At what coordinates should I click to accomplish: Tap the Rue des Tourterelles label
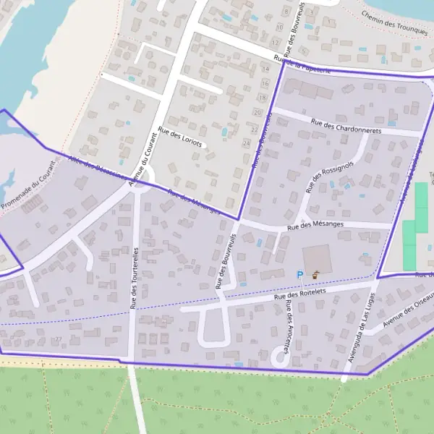click(x=135, y=278)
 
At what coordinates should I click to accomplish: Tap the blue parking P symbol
click(x=299, y=275)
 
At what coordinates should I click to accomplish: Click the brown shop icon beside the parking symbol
click(x=315, y=275)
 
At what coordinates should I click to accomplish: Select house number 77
click(x=59, y=339)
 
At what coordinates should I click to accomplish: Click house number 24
click(x=246, y=143)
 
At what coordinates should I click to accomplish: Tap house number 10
click(x=280, y=27)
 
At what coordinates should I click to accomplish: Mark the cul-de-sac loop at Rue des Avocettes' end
click(x=278, y=357)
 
